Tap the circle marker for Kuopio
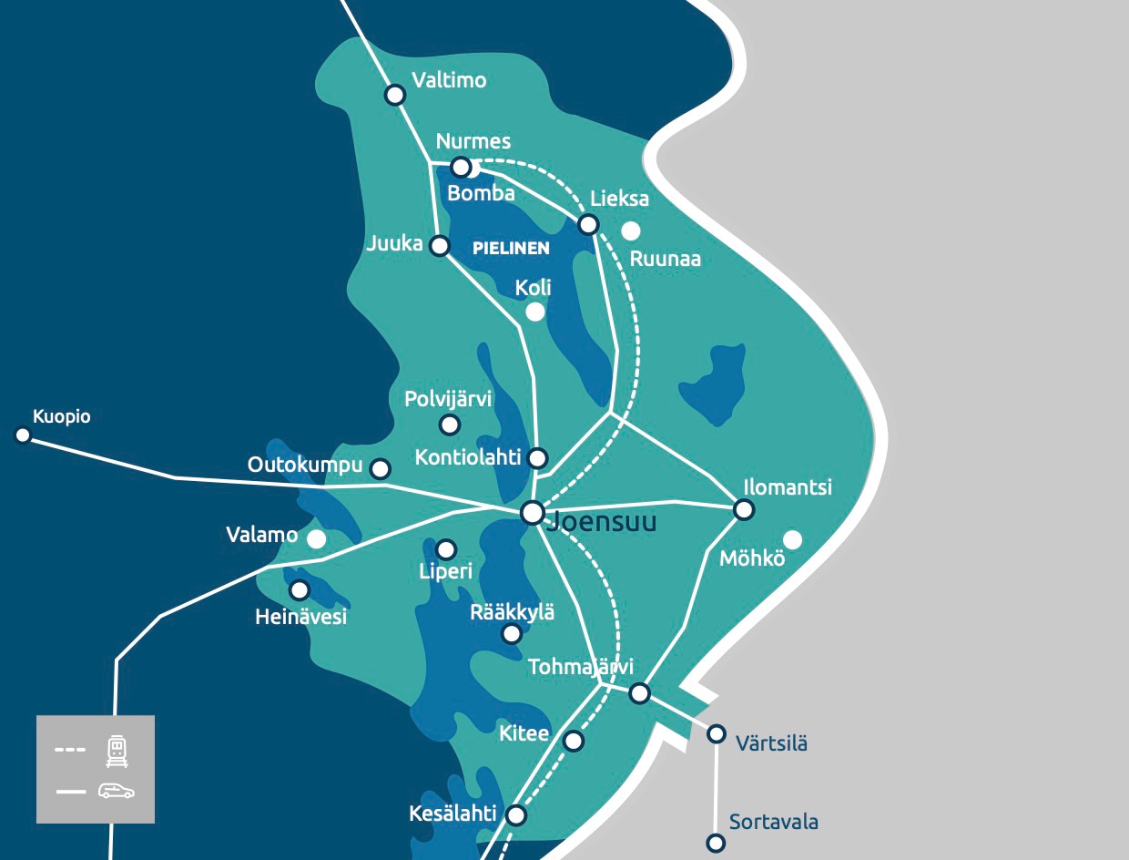coord(23,435)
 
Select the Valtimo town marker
coord(395,95)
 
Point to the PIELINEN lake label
coord(511,248)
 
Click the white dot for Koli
coord(535,312)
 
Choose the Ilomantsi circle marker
coord(744,510)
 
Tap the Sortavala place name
coord(773,823)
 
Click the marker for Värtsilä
coord(717,733)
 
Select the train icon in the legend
coord(117,751)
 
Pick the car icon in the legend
coord(117,791)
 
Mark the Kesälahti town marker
coord(516,815)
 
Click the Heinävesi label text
coord(301,618)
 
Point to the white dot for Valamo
coord(316,539)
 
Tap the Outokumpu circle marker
coord(381,469)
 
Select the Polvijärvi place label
coord(448,399)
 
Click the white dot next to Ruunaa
coord(630,231)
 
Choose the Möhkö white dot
coord(792,540)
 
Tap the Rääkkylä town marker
coord(512,634)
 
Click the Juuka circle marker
coord(440,246)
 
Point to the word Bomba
coord(481,193)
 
